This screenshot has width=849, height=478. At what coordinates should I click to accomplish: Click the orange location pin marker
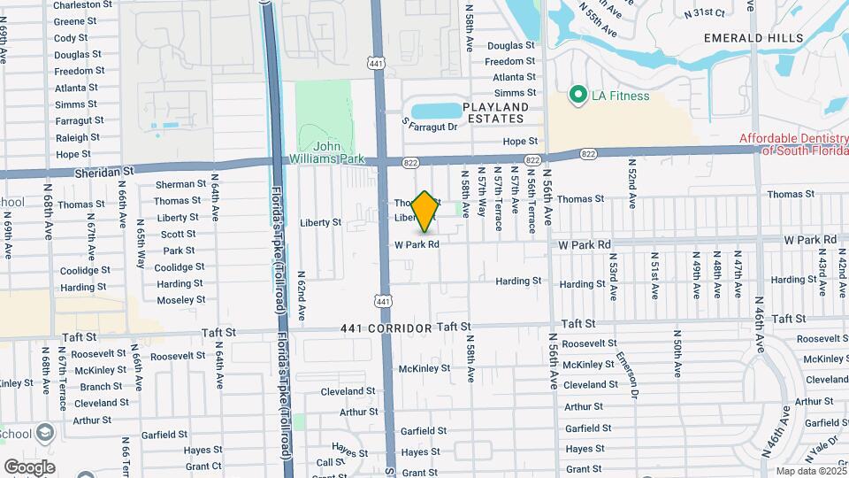pos(424,212)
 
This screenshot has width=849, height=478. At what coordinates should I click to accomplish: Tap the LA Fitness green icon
pos(577,93)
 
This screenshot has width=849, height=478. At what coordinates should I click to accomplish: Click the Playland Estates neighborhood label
pos(497,112)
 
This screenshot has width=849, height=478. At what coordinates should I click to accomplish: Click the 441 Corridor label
pos(386,328)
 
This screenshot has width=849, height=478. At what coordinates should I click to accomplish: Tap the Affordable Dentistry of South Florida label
pos(794,143)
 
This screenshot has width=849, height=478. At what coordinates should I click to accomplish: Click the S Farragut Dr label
pos(429,127)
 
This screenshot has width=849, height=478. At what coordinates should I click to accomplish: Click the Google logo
pos(30,466)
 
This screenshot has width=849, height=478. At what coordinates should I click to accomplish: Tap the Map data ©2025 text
pos(810,471)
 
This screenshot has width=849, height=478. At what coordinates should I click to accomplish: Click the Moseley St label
pos(181,300)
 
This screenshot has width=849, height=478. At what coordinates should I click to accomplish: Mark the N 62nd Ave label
pos(301,296)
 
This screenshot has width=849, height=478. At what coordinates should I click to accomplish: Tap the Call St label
pos(331,462)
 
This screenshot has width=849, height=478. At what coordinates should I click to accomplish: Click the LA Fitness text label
pos(621,96)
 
